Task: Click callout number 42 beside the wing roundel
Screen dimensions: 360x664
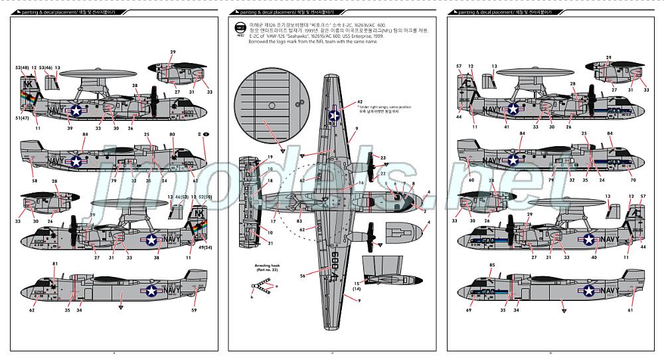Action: (359, 101)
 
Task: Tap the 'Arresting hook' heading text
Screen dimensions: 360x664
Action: (264, 264)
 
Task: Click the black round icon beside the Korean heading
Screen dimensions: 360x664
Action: (240, 27)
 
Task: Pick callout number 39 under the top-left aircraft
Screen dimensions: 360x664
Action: (70, 128)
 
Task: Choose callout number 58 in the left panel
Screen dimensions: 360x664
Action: (35, 181)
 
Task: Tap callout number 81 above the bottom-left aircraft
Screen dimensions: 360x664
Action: (54, 264)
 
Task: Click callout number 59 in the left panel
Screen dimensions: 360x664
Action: (194, 310)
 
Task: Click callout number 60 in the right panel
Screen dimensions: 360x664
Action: (472, 180)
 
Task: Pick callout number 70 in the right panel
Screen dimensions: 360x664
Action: (633, 180)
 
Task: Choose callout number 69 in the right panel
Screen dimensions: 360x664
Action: (469, 310)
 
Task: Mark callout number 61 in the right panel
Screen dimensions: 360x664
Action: (629, 310)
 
